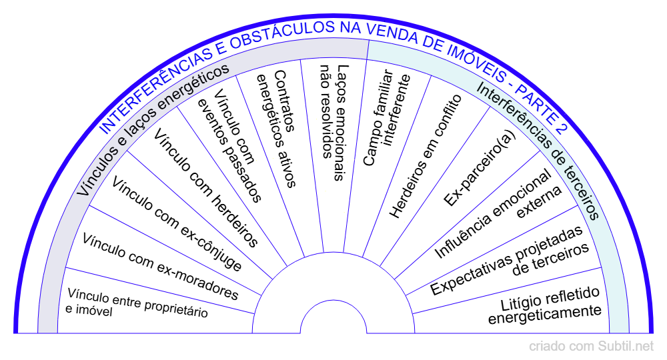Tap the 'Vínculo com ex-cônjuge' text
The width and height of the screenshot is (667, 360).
(x=177, y=223)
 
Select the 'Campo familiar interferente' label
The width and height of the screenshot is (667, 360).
(x=388, y=120)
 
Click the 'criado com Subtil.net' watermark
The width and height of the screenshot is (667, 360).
(x=592, y=347)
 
